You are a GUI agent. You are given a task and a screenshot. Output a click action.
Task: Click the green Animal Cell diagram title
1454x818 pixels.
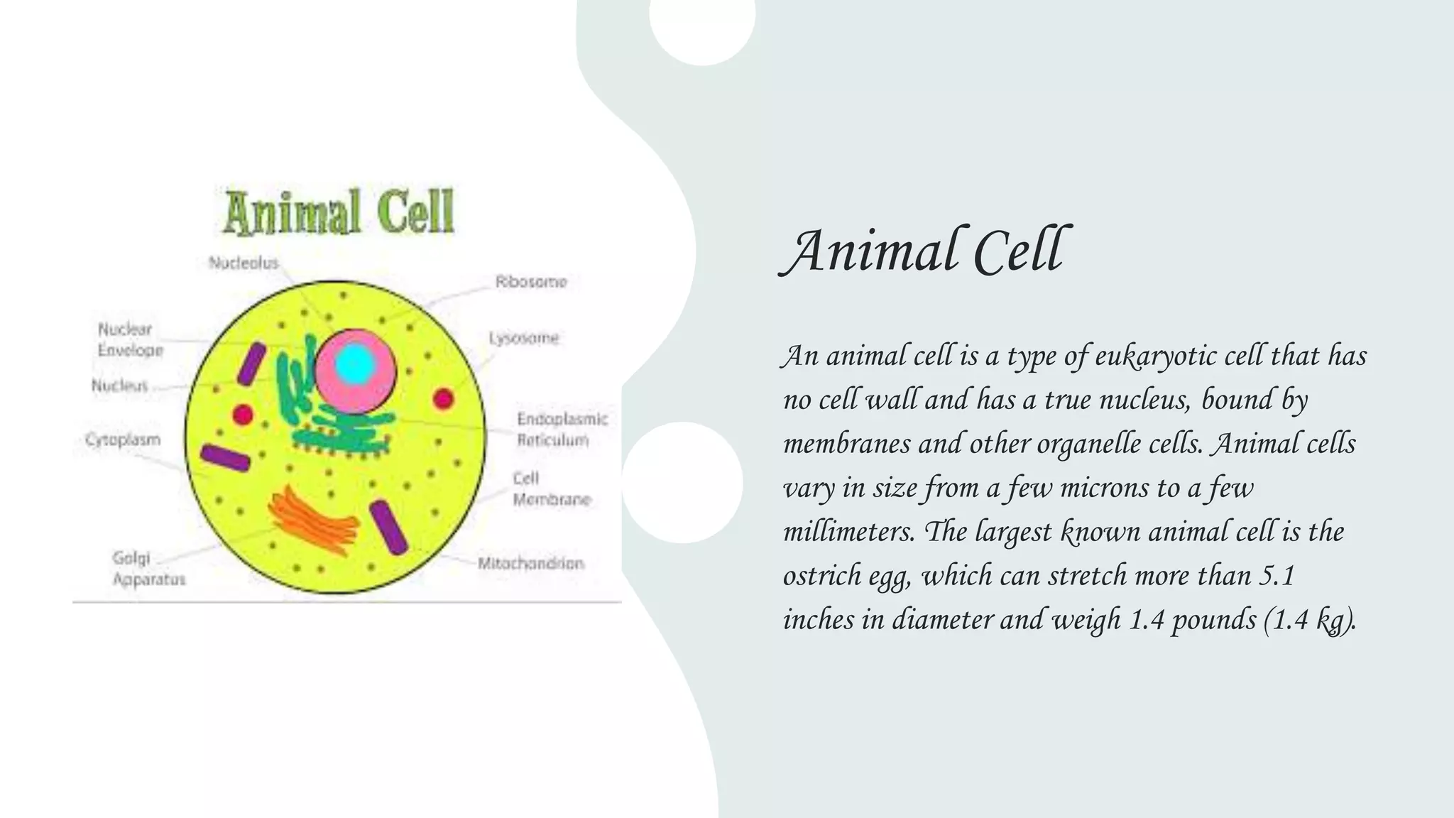pyautogui.click(x=339, y=212)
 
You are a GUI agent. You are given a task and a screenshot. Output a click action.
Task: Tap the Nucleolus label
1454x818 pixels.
pyautogui.click(x=244, y=263)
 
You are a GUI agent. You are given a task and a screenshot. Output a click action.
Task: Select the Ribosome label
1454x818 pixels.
pyautogui.click(x=531, y=282)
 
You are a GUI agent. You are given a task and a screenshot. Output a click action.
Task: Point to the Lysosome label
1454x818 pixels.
pyautogui.click(x=524, y=338)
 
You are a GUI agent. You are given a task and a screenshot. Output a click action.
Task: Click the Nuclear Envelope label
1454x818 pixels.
pyautogui.click(x=130, y=339)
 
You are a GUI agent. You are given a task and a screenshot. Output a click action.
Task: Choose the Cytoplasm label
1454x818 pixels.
pyautogui.click(x=123, y=440)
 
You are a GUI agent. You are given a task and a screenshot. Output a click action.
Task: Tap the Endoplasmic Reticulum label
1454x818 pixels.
pyautogui.click(x=562, y=429)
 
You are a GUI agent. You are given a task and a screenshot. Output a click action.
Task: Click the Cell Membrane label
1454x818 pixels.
pyautogui.click(x=551, y=489)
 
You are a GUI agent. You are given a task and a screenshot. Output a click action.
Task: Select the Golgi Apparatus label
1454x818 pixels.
pyautogui.click(x=148, y=568)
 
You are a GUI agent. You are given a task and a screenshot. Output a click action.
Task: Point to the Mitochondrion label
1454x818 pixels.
pyautogui.click(x=530, y=564)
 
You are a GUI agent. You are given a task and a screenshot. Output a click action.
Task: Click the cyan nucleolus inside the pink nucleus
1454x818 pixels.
pyautogui.click(x=355, y=364)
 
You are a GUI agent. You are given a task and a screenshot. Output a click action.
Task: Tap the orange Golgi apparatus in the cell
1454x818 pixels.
pyautogui.click(x=313, y=520)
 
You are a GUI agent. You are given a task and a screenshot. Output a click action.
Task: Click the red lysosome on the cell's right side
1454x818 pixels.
pyautogui.click(x=444, y=398)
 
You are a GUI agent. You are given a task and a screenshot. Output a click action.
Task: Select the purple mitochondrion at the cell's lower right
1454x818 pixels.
pyautogui.click(x=388, y=527)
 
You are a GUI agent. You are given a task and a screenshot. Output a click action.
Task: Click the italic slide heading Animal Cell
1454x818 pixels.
pyautogui.click(x=924, y=251)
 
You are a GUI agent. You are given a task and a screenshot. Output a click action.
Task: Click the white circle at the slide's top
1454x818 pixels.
pyautogui.click(x=701, y=21)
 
